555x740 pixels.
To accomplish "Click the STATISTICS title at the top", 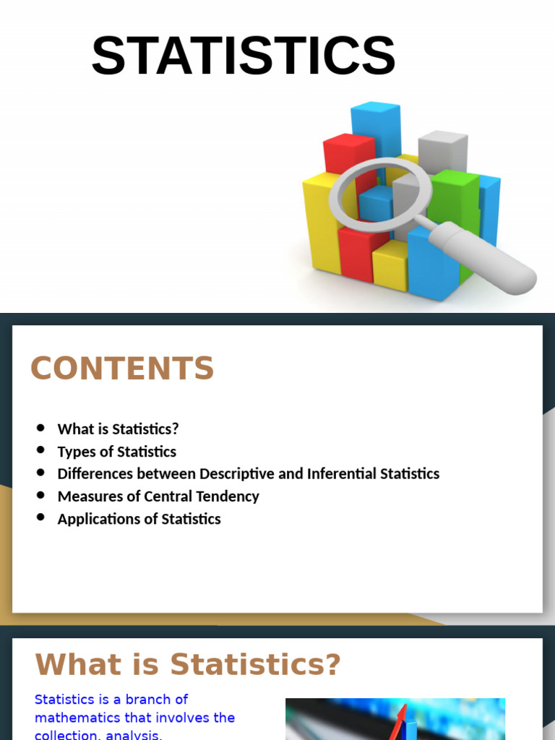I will pos(243,56).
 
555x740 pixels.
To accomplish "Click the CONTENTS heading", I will pos(122,369).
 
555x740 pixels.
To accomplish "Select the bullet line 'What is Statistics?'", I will pos(118,429).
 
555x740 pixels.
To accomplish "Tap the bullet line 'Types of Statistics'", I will pos(116,452).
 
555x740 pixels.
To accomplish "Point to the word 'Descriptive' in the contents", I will pos(239,474).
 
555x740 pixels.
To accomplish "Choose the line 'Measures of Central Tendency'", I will pos(158,496).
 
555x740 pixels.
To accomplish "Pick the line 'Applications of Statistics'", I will pos(139,519).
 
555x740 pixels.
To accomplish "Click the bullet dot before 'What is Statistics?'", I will pos(40,429).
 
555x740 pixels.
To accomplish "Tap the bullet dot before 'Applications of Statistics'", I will pos(40,518).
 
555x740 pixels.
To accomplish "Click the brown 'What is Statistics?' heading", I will pos(187,664).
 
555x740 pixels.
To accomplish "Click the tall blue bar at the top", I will pos(375,126).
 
